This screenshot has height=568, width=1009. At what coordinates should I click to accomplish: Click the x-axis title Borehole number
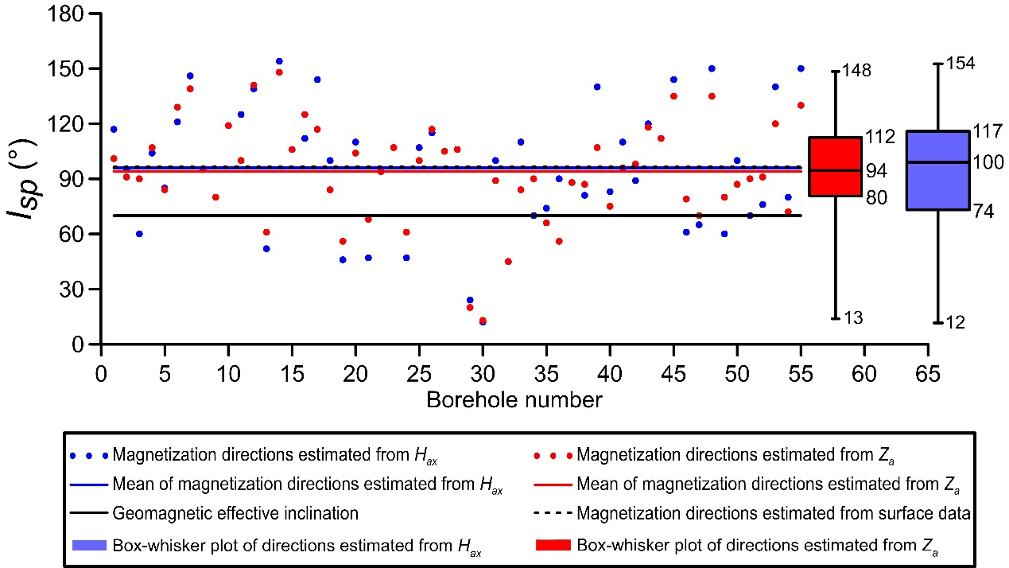(x=514, y=399)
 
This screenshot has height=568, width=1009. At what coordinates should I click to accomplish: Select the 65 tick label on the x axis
(x=928, y=374)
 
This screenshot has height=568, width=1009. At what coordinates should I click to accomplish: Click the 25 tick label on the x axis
(x=419, y=374)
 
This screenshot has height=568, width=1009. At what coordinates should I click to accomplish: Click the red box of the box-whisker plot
(x=835, y=166)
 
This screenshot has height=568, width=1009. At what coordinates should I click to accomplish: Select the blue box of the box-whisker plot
(x=937, y=170)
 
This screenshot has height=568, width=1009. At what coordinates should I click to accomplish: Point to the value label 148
(x=857, y=72)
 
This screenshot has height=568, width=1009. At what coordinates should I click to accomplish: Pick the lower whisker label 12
(x=956, y=322)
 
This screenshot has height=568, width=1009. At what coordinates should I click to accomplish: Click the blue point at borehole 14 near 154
(x=279, y=61)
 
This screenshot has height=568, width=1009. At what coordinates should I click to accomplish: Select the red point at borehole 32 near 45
(x=508, y=262)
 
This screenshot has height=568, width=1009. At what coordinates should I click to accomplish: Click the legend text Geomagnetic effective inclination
(x=235, y=514)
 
